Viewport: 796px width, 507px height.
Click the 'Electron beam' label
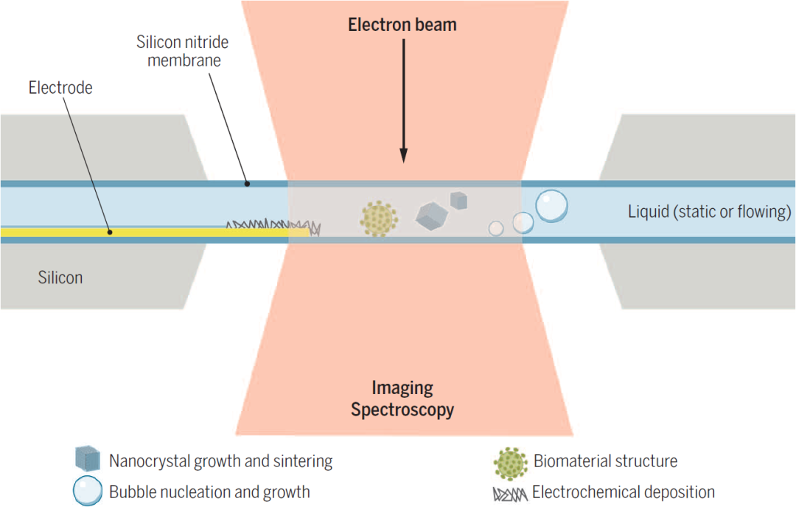pos(402,24)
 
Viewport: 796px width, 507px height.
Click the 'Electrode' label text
pos(60,88)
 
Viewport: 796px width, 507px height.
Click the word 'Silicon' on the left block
pos(60,278)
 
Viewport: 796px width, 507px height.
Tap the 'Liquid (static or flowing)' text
pos(709,212)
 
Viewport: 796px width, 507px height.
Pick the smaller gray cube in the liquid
pos(459,199)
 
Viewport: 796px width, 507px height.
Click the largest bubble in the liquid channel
pos(551,206)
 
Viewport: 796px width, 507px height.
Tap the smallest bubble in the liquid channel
pos(496,229)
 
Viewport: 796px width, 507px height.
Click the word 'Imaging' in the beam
pos(402,388)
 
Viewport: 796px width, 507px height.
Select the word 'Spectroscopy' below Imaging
pos(402,410)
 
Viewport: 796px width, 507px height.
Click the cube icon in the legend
pos(88,461)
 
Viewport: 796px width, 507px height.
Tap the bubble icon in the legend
pos(88,491)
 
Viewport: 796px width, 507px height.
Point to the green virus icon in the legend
pos(510,462)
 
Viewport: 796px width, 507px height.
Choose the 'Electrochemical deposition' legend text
pos(624,492)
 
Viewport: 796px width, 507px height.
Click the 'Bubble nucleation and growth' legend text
pos(209,492)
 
